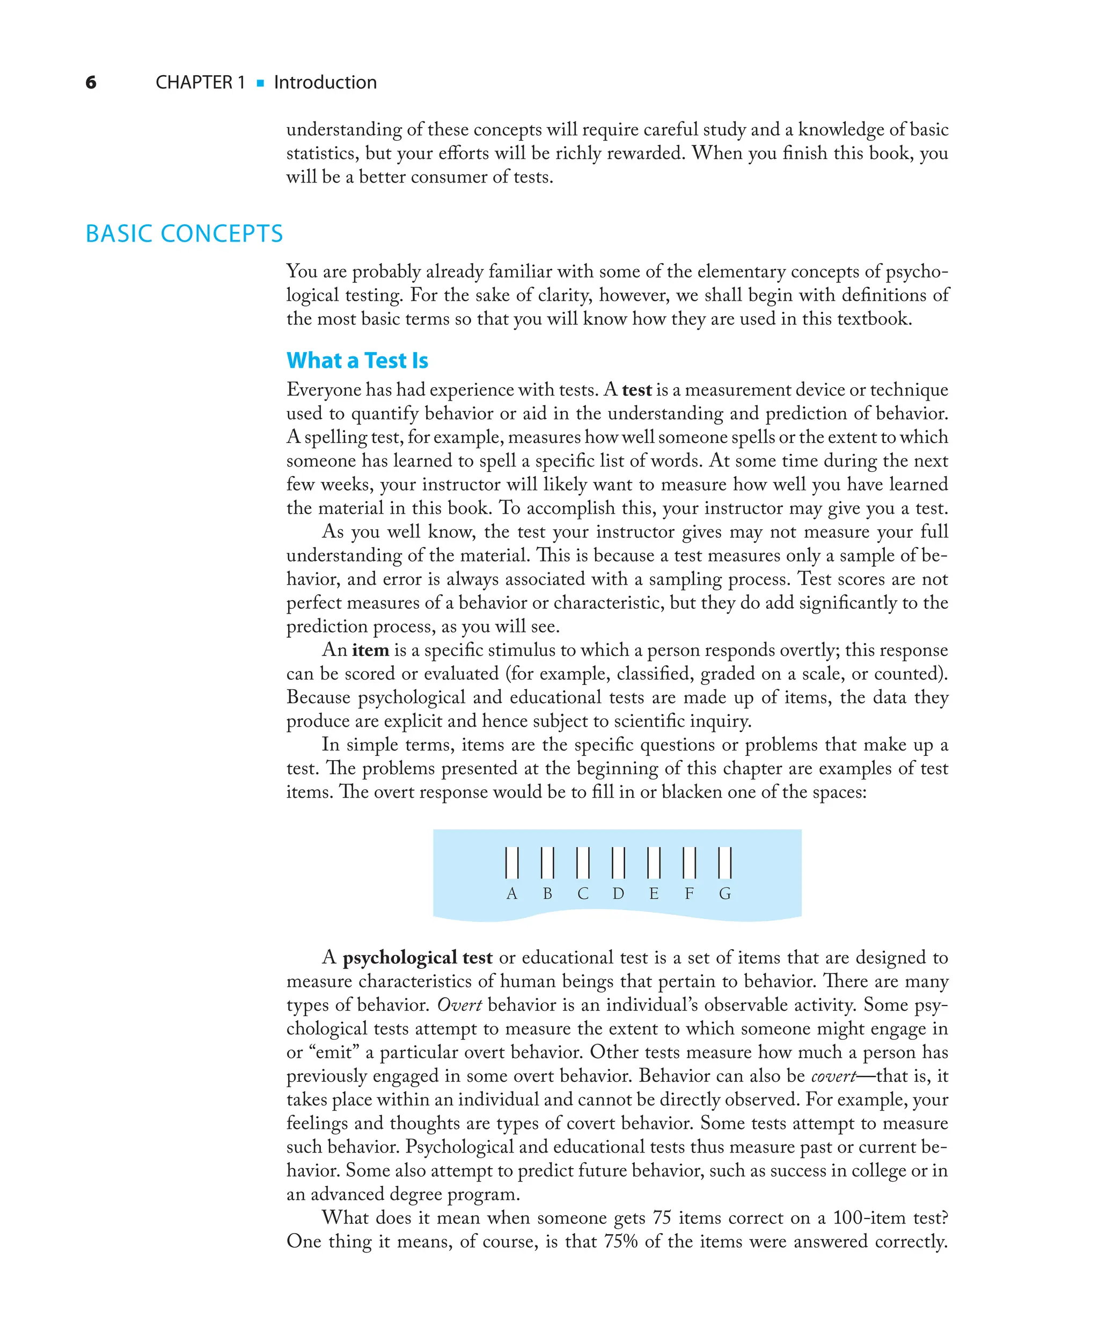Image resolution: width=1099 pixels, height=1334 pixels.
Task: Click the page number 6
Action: point(91,82)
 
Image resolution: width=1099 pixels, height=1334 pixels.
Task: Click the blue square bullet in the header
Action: point(260,83)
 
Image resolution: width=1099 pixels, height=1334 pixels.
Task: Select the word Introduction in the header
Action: point(325,82)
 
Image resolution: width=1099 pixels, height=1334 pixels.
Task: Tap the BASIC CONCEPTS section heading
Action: point(184,234)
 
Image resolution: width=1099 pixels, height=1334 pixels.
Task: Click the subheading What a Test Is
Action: point(357,360)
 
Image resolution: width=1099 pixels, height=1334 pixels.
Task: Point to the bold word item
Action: point(370,650)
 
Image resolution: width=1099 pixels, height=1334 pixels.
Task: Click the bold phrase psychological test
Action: point(417,957)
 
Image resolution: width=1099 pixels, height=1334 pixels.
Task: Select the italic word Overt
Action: point(459,1005)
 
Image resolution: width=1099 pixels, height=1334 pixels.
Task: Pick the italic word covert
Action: point(833,1076)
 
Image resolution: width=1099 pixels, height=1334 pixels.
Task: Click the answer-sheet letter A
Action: point(512,893)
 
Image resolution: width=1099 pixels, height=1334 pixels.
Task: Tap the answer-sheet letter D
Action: point(619,893)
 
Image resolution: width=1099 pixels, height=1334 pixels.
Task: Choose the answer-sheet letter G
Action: point(725,893)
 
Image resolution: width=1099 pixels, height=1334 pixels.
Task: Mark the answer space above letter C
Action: point(583,862)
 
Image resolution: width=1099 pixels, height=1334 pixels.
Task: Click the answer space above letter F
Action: point(690,862)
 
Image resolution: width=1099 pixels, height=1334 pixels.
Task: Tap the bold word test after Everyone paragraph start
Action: point(636,390)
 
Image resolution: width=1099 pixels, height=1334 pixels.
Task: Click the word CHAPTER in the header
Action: point(194,82)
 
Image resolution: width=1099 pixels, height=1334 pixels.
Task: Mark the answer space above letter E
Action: point(654,862)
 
